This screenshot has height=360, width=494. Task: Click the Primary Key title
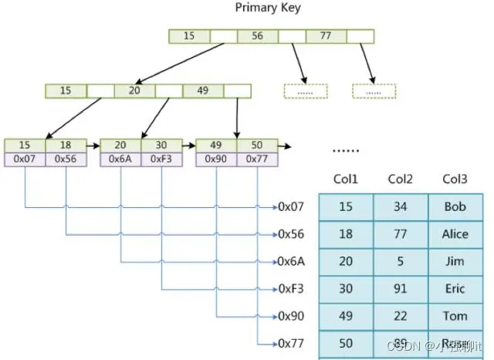[x=268, y=8]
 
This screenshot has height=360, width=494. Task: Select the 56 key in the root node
[x=257, y=36]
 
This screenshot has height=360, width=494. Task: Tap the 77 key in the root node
[x=326, y=36]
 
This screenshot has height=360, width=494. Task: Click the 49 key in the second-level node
[x=203, y=90]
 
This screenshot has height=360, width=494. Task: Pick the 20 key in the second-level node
[x=134, y=90]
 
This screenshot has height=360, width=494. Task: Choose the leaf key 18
[x=66, y=145]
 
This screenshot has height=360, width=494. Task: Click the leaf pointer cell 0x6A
[x=121, y=158]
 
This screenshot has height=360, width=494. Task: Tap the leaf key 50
[x=257, y=145]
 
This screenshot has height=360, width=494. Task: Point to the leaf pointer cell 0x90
[x=216, y=158]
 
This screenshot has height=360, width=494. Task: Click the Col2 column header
[x=401, y=179]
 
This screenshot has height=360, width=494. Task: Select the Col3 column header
[x=455, y=179]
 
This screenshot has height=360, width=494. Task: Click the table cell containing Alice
[x=455, y=234]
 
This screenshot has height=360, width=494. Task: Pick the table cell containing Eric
[x=455, y=289]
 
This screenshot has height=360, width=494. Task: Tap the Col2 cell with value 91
[x=401, y=289]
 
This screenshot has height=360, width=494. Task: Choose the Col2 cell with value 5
[x=401, y=262]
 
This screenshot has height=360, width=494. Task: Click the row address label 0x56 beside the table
[x=292, y=234]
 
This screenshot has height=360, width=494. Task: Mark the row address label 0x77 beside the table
[x=292, y=343]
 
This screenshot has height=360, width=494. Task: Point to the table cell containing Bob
[x=455, y=207]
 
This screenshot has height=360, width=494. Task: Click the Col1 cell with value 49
[x=346, y=316]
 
